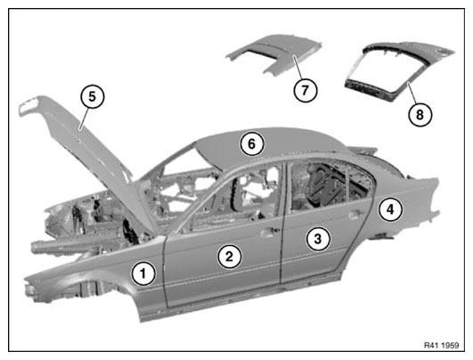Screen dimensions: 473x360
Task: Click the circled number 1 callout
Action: tap(143, 274)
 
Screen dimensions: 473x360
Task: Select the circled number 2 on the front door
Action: tap(230, 257)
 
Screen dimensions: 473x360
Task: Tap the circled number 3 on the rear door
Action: tap(318, 239)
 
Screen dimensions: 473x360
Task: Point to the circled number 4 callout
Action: tap(390, 209)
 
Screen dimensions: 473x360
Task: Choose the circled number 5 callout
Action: tap(93, 96)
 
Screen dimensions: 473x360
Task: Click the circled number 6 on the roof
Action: tap(252, 144)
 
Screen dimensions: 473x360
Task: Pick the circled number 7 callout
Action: tap(306, 90)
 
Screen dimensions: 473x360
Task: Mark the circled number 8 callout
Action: tap(420, 115)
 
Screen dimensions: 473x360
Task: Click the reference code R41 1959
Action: tap(441, 345)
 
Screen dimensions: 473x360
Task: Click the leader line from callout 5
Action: tap(84, 119)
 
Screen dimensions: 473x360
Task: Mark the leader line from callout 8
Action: tap(412, 93)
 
